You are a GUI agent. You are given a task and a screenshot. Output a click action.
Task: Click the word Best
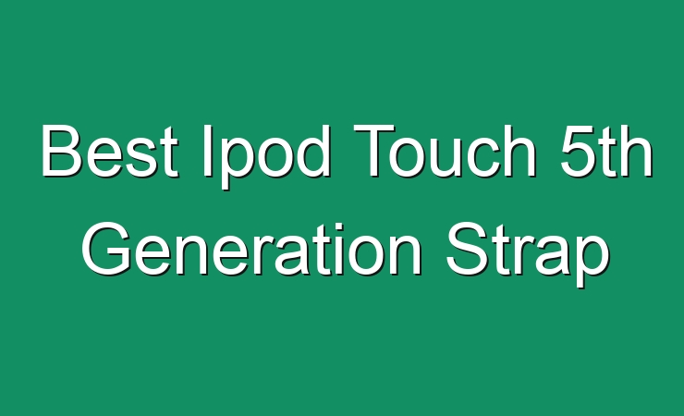tap(109, 151)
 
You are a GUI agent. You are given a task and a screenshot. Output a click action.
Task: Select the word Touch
tap(445, 151)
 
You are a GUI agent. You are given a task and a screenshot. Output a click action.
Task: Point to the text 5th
tap(606, 151)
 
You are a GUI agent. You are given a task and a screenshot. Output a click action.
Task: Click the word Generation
tap(251, 248)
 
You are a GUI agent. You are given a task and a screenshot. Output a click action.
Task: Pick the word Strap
tap(528, 254)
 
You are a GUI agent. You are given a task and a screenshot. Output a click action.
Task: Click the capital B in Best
tap(62, 151)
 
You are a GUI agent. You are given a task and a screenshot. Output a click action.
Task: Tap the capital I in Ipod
tap(207, 151)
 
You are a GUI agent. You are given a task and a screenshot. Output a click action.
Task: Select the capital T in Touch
tap(373, 151)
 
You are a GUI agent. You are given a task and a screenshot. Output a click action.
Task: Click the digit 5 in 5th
tap(579, 151)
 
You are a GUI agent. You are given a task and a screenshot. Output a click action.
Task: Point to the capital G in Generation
tap(106, 248)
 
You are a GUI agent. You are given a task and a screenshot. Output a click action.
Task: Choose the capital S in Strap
tap(467, 248)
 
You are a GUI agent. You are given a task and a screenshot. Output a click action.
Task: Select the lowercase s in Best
tap(135, 157)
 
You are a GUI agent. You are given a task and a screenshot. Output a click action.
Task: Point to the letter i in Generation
tap(334, 248)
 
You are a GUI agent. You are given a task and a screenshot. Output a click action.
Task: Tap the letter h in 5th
tap(637, 151)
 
